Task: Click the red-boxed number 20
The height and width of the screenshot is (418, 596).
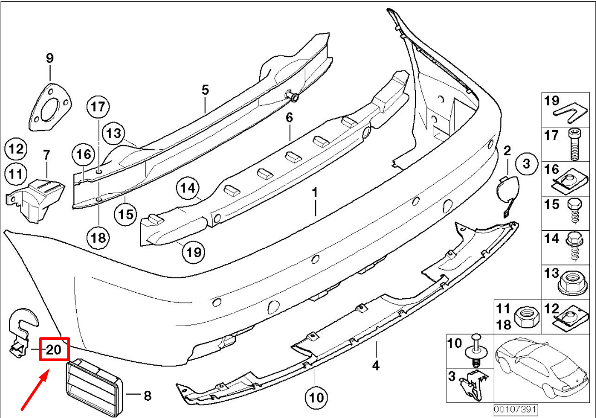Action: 53,350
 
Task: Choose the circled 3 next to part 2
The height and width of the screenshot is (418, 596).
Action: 527,164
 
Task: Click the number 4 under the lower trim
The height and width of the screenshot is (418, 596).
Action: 376,366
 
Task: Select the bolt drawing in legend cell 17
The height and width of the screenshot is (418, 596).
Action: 573,143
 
